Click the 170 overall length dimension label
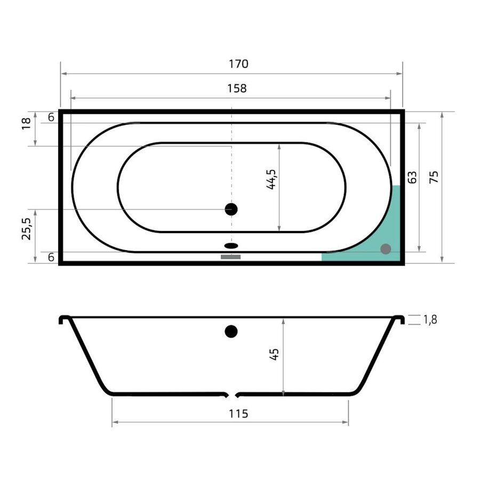[238, 64]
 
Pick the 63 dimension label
[411, 178]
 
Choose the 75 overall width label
[434, 177]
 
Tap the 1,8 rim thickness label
[430, 320]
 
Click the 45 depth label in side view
[274, 355]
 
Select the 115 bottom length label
[238, 413]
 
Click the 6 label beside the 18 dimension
[51, 118]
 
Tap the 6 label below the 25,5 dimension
[51, 257]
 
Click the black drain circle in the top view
[231, 209]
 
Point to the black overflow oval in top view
[231, 246]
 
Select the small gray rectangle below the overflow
[231, 257]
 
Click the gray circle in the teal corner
[386, 249]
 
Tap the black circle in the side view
[231, 331]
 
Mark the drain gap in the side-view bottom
[231, 395]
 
